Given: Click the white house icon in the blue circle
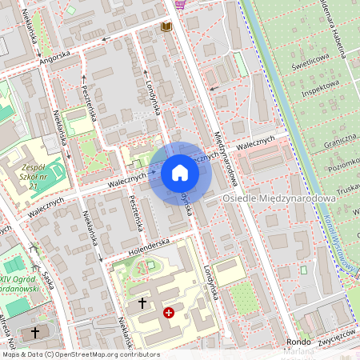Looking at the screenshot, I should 180,172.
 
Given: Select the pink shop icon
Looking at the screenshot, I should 181,3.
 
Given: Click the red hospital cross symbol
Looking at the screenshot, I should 169,313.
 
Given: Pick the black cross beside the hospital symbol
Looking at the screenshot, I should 143,303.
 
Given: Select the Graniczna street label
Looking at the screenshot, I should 339,139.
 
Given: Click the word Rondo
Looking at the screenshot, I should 298,342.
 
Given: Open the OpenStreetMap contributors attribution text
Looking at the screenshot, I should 80,354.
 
